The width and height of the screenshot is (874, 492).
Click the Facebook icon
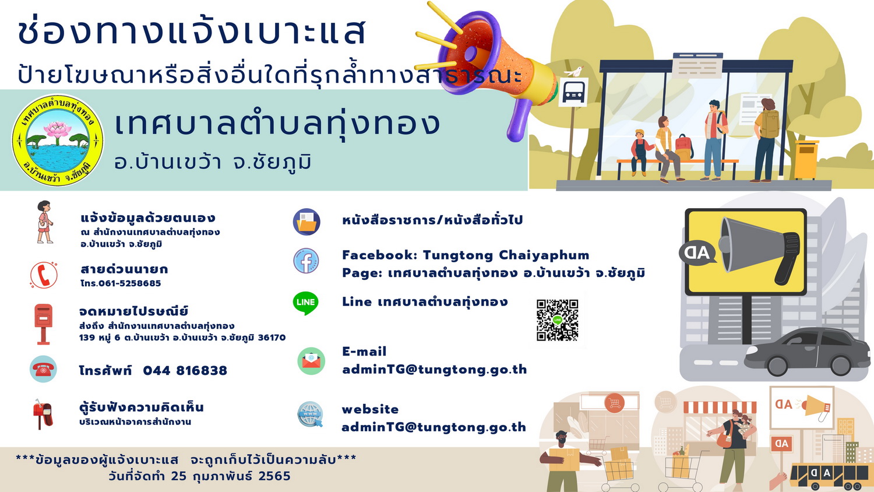click(x=306, y=261)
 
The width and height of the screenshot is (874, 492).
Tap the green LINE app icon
click(x=305, y=303)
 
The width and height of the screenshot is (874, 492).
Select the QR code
click(x=557, y=320)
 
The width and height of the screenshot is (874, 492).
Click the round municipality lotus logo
click(x=58, y=140)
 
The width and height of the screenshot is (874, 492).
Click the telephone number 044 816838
click(x=185, y=371)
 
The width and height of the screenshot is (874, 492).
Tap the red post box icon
click(x=43, y=324)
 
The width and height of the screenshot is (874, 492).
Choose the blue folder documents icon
click(x=306, y=222)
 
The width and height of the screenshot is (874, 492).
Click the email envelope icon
click(x=311, y=361)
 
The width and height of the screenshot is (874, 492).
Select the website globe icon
click(x=310, y=414)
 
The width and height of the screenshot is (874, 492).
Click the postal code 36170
click(x=272, y=338)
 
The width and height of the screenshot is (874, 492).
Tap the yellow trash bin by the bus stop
click(x=806, y=160)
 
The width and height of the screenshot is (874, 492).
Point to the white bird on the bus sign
click(x=574, y=72)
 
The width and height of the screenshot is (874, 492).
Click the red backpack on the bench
click(x=683, y=147)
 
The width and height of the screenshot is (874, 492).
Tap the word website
click(x=370, y=409)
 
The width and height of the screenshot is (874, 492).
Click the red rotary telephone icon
click(x=43, y=369)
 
